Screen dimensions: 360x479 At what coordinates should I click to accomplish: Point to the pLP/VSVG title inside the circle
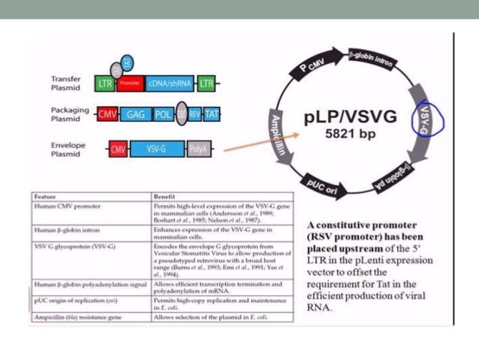[x=351, y=118]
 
